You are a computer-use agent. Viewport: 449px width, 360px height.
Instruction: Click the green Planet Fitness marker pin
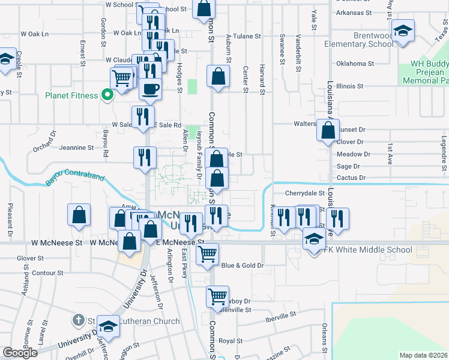tap(108, 94)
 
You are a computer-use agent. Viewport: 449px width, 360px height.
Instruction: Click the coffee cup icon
tap(150, 89)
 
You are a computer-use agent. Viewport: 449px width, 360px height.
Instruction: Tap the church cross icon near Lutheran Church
tap(79, 320)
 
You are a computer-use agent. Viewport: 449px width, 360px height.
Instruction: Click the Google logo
tap(20, 353)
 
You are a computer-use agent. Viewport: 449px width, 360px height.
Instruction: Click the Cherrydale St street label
tap(304, 193)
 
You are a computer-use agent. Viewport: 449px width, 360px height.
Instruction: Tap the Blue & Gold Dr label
tap(243, 265)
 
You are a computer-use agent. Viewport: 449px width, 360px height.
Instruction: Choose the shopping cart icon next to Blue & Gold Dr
tap(207, 254)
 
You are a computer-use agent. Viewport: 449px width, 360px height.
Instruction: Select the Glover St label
tap(27, 259)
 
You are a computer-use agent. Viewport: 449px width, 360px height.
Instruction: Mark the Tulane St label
tap(247, 37)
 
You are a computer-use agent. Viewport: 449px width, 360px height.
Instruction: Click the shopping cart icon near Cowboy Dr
tap(217, 296)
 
